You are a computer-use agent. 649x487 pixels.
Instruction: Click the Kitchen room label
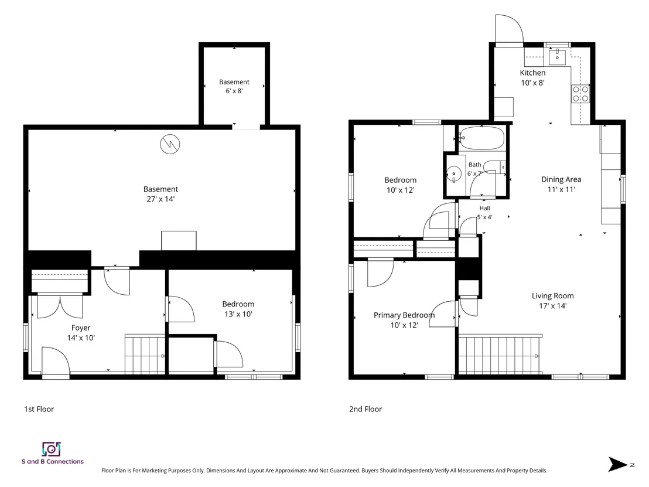coord(532,73)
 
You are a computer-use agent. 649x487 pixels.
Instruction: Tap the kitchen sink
coord(558,56)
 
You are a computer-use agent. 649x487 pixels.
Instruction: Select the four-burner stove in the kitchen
coord(580,94)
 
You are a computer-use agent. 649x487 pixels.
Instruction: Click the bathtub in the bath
coord(482,138)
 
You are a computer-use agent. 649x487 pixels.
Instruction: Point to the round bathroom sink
coord(454,173)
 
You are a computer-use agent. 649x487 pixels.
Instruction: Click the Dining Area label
coord(561,179)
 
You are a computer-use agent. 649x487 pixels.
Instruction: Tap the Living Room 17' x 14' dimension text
coord(552,305)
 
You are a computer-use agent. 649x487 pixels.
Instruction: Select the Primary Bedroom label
coord(404,315)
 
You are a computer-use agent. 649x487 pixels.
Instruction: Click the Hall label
coord(484,208)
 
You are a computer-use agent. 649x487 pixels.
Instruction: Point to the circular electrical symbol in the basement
coord(170,144)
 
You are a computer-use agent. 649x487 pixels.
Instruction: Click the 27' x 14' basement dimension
coord(160,199)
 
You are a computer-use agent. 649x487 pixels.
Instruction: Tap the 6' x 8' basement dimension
coord(234,91)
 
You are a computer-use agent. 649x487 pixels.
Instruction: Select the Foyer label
coord(81,328)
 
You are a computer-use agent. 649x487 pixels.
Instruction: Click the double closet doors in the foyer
coord(60,305)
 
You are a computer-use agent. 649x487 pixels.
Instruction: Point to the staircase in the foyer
coord(145,354)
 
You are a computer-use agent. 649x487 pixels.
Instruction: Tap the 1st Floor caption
coord(39,409)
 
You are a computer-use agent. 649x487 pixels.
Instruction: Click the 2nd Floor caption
coord(366,409)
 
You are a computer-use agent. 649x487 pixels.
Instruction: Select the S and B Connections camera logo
coord(52,449)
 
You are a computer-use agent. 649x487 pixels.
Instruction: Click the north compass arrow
coord(617,464)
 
